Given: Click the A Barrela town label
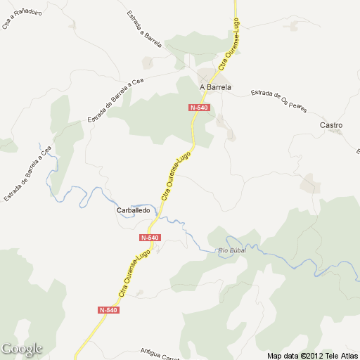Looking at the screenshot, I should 215,88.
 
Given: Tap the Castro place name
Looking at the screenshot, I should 330,125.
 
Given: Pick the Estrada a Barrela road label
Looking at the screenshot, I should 144,30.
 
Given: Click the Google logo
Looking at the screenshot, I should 22,349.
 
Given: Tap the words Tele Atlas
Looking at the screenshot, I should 341,355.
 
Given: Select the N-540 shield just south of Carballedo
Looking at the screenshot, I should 150,238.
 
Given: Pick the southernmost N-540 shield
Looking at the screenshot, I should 108,309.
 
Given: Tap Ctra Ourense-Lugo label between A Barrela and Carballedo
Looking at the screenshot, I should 176,177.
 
